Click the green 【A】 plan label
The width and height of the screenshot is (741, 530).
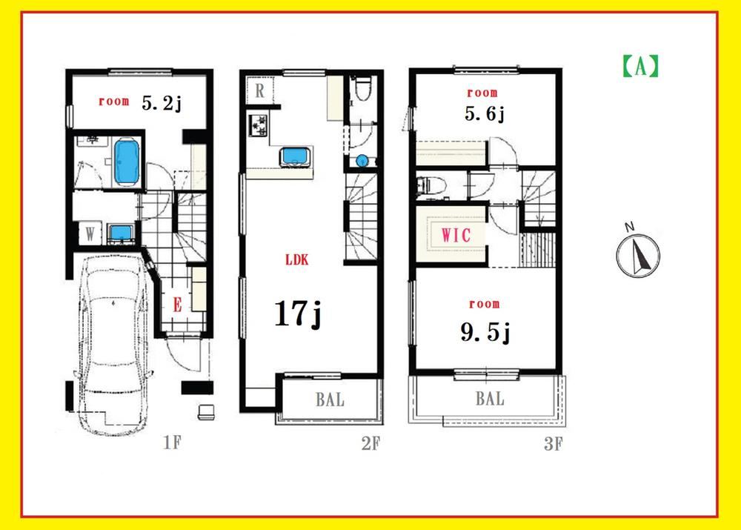640,66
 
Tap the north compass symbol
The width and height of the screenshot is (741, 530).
638,254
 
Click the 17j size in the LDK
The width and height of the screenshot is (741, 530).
298,314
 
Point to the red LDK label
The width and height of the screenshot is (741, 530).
297,259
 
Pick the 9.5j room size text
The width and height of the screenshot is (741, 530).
485,333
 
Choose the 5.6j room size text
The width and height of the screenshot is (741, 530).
485,114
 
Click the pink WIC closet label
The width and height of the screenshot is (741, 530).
456,235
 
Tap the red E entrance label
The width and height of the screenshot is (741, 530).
177,305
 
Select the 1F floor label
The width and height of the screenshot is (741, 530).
172,443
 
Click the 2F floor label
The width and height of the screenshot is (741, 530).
370,443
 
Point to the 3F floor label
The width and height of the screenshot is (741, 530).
554,444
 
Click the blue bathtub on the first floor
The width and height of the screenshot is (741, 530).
127,162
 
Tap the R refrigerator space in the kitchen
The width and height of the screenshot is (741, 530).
260,90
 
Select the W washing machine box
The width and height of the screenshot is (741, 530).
90,233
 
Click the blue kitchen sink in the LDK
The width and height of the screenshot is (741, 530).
296,156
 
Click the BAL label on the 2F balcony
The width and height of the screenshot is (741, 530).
330,400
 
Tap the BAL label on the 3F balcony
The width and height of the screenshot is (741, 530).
490,399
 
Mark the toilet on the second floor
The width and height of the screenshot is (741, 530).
363,88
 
